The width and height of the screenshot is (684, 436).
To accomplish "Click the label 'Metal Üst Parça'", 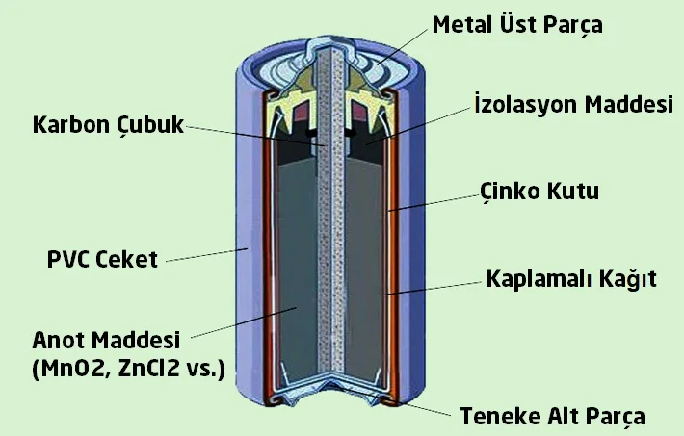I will click(517, 23).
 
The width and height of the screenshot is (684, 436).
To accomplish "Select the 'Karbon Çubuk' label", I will click(107, 125).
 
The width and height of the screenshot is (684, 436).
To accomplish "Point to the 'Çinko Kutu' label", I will click(539, 191).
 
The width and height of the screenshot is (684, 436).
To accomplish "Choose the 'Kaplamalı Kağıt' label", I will click(570, 279).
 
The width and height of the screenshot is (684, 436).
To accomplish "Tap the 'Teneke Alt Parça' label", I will click(551, 417).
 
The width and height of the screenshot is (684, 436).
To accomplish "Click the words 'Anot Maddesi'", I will click(107, 341).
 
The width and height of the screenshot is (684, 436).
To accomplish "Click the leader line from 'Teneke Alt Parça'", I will click(419, 408).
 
